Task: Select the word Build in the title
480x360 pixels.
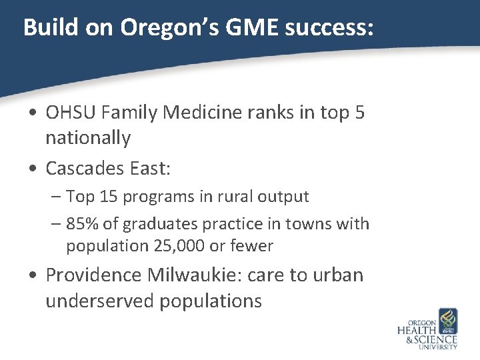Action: click(45, 27)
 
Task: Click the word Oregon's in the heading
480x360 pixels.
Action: click(143, 27)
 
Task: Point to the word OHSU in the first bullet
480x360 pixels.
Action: click(69, 113)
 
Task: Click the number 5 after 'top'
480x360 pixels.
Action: click(360, 113)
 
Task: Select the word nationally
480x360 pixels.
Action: click(88, 139)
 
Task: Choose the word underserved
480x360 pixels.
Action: click(99, 301)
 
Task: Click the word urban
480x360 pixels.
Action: click(340, 275)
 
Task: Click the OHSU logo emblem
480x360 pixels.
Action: click(447, 321)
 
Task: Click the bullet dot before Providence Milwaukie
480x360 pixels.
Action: click(33, 275)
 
